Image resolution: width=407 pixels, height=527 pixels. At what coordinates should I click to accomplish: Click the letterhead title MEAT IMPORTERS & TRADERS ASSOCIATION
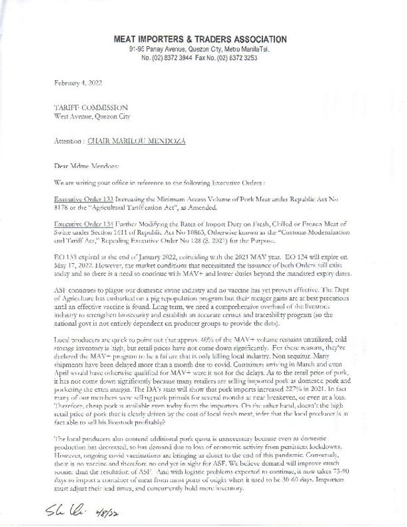tap(200, 39)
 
